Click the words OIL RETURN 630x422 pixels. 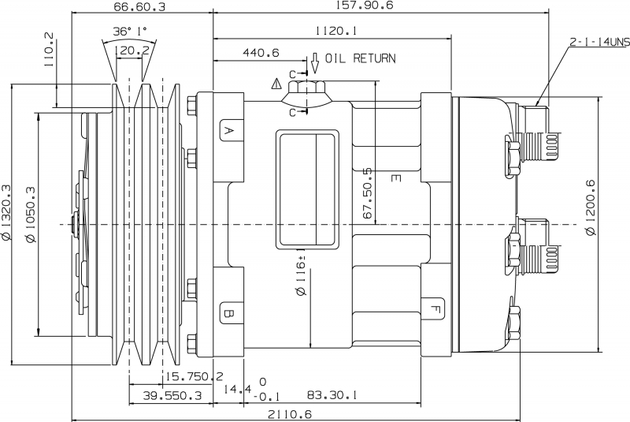[x=359, y=58]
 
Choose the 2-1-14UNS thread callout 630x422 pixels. [x=598, y=40]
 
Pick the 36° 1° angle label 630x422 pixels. [x=131, y=32]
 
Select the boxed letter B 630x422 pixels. [x=228, y=313]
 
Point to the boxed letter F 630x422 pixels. [x=435, y=307]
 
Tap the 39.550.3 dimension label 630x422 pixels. [x=169, y=395]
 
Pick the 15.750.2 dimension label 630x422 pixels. [x=194, y=377]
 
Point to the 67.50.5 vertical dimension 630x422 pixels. [x=367, y=194]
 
